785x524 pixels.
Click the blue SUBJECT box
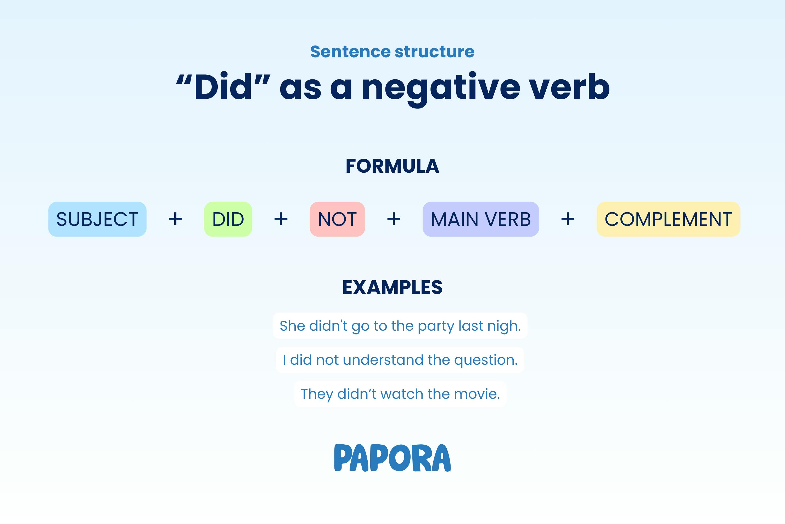(x=97, y=219)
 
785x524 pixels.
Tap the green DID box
(x=228, y=219)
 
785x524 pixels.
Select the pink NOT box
(x=338, y=219)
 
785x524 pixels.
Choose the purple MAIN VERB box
(x=481, y=219)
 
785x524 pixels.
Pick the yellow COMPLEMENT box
(x=669, y=219)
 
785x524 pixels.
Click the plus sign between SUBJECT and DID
(x=175, y=219)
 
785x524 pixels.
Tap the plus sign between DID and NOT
(x=281, y=219)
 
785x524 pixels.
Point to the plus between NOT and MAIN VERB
(x=394, y=219)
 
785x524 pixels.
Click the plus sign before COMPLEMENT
(x=568, y=219)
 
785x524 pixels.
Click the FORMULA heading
(x=392, y=166)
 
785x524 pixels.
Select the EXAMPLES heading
(x=392, y=287)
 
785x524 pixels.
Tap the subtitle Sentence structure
(x=392, y=52)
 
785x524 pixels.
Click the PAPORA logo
(x=392, y=457)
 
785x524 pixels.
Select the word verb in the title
(x=569, y=86)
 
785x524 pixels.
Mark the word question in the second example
(x=486, y=361)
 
